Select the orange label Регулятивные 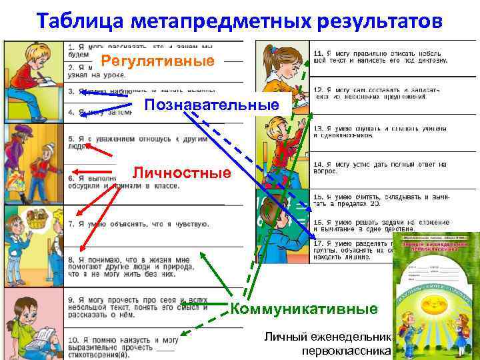click(x=157, y=61)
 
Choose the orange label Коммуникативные click(x=304, y=309)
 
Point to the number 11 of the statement click(x=318, y=53)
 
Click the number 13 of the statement click(x=318, y=128)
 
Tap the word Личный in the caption click(x=283, y=337)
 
